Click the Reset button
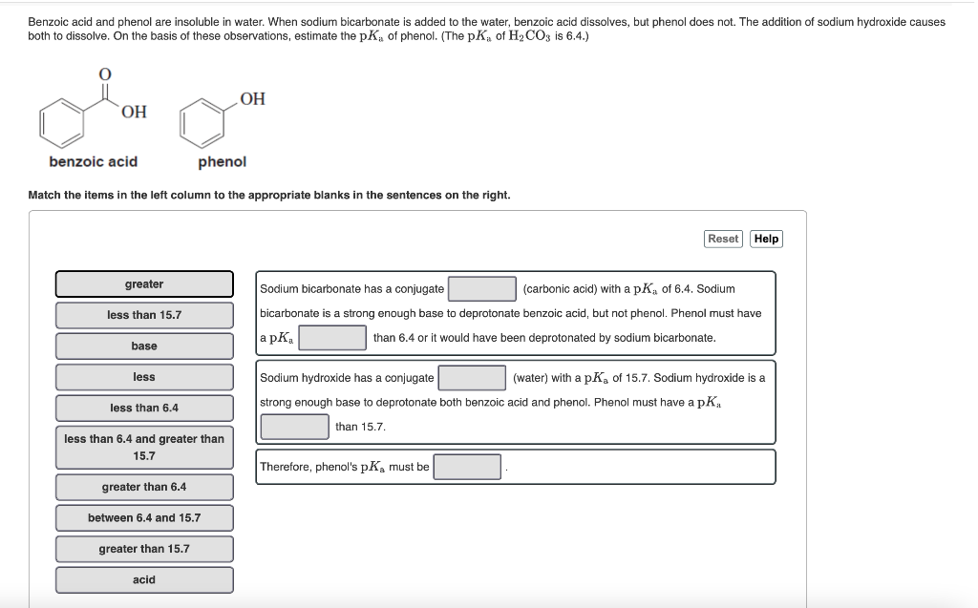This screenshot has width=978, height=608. click(x=723, y=239)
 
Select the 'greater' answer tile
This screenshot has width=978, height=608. click(x=144, y=284)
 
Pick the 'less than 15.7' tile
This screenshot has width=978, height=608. click(x=144, y=315)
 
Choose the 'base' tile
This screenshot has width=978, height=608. click(x=144, y=346)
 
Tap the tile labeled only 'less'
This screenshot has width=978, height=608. click(x=144, y=377)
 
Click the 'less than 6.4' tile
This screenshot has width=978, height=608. click(x=144, y=408)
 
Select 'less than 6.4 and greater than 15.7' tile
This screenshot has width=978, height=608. click(x=144, y=448)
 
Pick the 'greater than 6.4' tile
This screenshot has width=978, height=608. click(x=144, y=487)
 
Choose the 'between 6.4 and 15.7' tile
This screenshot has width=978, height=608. click(x=144, y=517)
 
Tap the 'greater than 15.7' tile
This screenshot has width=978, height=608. click(x=144, y=549)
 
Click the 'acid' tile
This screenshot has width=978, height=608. click(x=144, y=579)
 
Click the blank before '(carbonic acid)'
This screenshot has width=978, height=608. click(x=482, y=288)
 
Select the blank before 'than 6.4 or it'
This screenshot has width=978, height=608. click(x=333, y=338)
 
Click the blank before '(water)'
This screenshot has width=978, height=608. click(x=472, y=378)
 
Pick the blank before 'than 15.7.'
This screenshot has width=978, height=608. click(x=295, y=427)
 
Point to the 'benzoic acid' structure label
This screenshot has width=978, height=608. click(x=94, y=162)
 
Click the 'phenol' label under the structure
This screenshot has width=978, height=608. click(x=222, y=162)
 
